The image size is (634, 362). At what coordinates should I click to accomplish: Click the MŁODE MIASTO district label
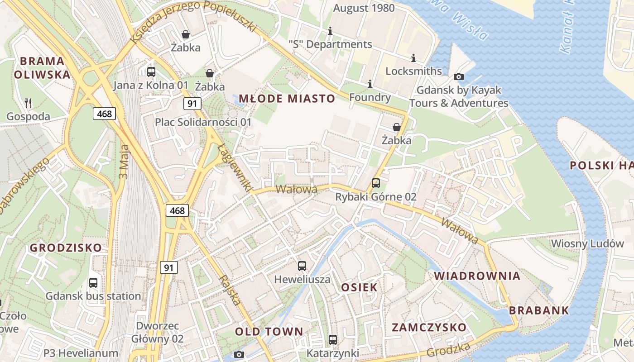(x=287, y=99)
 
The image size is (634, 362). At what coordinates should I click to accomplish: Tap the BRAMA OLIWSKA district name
(x=42, y=68)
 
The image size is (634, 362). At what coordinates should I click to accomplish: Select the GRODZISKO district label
(x=66, y=248)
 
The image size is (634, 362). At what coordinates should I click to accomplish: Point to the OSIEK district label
(x=359, y=287)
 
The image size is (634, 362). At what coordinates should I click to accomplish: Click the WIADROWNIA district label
(x=477, y=276)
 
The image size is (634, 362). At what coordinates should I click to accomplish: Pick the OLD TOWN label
(x=269, y=332)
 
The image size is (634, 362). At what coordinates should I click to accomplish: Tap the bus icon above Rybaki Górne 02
(x=375, y=183)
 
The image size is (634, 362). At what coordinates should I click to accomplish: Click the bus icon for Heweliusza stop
(x=302, y=266)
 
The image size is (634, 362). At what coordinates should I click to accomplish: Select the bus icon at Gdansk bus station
(x=93, y=283)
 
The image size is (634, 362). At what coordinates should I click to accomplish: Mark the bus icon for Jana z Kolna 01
(x=151, y=71)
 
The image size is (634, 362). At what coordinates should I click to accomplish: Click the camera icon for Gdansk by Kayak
(x=458, y=76)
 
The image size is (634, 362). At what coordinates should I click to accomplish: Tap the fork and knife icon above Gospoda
(x=28, y=103)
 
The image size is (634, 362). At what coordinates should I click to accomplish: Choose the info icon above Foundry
(x=370, y=84)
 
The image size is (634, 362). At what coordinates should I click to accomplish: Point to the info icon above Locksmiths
(x=413, y=58)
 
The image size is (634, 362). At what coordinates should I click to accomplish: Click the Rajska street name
(x=230, y=290)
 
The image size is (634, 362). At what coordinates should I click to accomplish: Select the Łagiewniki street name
(x=234, y=167)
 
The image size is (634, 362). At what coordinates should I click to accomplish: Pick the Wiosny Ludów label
(x=587, y=243)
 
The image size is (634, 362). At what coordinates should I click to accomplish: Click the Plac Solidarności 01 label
(x=203, y=122)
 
